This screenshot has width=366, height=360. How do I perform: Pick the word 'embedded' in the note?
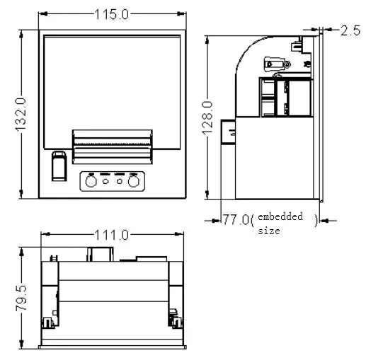pos(280,216)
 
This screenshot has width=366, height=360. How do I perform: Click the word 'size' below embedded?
pos(268,230)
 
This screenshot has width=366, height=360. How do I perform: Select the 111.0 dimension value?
pos(113,235)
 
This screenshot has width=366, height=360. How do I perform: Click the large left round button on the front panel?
pos(91,182)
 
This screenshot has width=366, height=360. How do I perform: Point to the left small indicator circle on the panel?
pos(106,182)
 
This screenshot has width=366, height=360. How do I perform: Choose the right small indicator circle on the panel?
pos(120,182)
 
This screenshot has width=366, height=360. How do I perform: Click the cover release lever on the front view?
pos(59,168)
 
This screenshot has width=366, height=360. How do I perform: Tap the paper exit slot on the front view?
pos(113,144)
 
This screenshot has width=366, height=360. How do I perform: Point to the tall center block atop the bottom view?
pos(100,253)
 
